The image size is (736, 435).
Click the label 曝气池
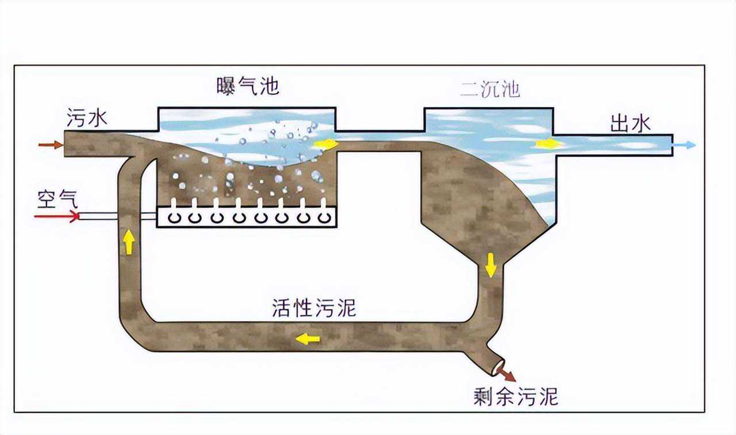[248, 86]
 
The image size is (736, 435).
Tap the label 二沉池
[490, 89]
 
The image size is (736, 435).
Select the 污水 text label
[87, 119]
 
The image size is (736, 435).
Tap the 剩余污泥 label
[516, 396]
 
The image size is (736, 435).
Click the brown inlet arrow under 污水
[50, 144]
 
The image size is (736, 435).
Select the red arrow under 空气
[56, 216]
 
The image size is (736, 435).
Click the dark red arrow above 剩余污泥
[507, 375]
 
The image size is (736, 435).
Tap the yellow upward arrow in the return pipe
[129, 242]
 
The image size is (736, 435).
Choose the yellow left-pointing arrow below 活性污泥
[308, 339]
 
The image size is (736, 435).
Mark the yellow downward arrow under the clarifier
[490, 264]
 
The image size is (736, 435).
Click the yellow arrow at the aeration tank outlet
[326, 144]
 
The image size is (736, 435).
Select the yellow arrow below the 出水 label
[549, 143]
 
